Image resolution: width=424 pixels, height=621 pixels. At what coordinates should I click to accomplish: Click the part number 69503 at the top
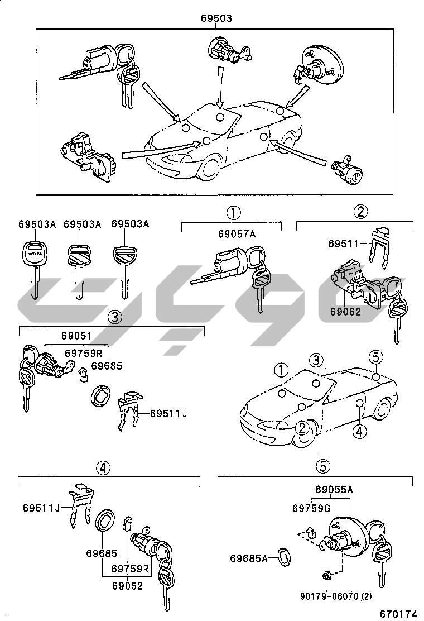pos(216,18)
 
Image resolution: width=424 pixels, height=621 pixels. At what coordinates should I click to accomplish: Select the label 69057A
pos(237,235)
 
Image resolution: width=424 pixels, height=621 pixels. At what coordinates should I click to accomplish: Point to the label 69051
pos(76,336)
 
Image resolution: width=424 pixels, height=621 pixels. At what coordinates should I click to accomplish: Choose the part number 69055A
pos(334,490)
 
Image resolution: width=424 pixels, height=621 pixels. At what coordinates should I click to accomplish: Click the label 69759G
pos(311,508)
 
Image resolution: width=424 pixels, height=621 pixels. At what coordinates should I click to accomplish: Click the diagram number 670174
pos(398,613)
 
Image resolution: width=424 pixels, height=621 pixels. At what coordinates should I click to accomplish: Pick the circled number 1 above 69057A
pos(233,212)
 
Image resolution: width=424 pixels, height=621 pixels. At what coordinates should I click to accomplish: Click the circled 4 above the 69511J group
pos(102,468)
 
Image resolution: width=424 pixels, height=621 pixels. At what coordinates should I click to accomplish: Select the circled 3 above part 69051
pos(114,318)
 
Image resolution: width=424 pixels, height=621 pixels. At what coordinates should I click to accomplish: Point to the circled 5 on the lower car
pos(376,357)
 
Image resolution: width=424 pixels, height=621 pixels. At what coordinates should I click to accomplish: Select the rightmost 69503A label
pos(131,224)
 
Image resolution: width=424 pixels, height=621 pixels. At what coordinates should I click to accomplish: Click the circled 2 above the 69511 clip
pos(361,212)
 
